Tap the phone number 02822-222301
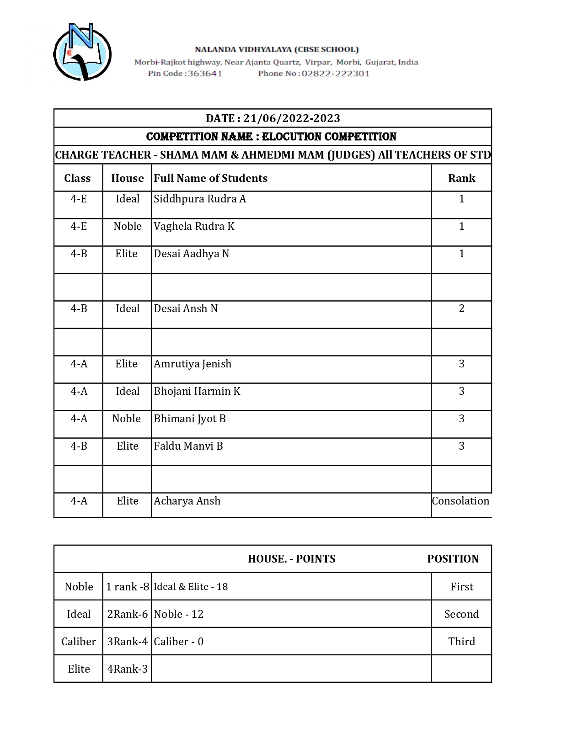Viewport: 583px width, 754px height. click(335, 74)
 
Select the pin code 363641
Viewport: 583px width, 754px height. click(205, 74)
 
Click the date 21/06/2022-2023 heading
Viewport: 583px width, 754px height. click(273, 118)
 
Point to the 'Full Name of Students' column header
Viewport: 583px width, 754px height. click(210, 178)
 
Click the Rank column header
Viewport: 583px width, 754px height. click(461, 178)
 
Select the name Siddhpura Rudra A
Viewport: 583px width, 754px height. click(200, 199)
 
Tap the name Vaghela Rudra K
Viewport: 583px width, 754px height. click(194, 227)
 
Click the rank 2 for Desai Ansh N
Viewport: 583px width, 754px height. click(461, 309)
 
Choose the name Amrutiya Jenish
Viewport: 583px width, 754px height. click(193, 364)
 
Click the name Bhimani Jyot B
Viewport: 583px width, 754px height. click(190, 419)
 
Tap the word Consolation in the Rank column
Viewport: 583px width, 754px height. click(460, 501)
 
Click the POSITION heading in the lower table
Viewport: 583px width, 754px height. click(453, 559)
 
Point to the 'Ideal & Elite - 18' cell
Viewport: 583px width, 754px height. click(191, 587)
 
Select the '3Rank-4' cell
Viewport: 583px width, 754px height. click(127, 642)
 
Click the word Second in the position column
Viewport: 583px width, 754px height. click(461, 614)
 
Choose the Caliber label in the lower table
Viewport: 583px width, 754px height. click(79, 642)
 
